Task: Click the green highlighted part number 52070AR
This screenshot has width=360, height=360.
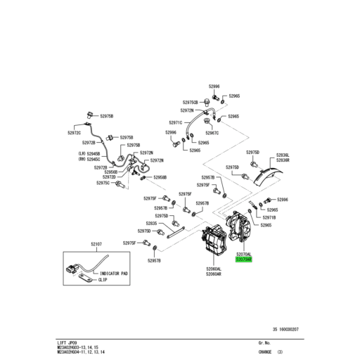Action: pos(244,259)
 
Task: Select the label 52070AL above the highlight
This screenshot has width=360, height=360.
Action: pos(244,253)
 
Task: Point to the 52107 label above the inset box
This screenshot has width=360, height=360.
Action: pos(96,243)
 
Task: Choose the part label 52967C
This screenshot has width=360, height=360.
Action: pos(212,133)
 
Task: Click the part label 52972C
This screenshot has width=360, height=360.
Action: pos(75,132)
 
